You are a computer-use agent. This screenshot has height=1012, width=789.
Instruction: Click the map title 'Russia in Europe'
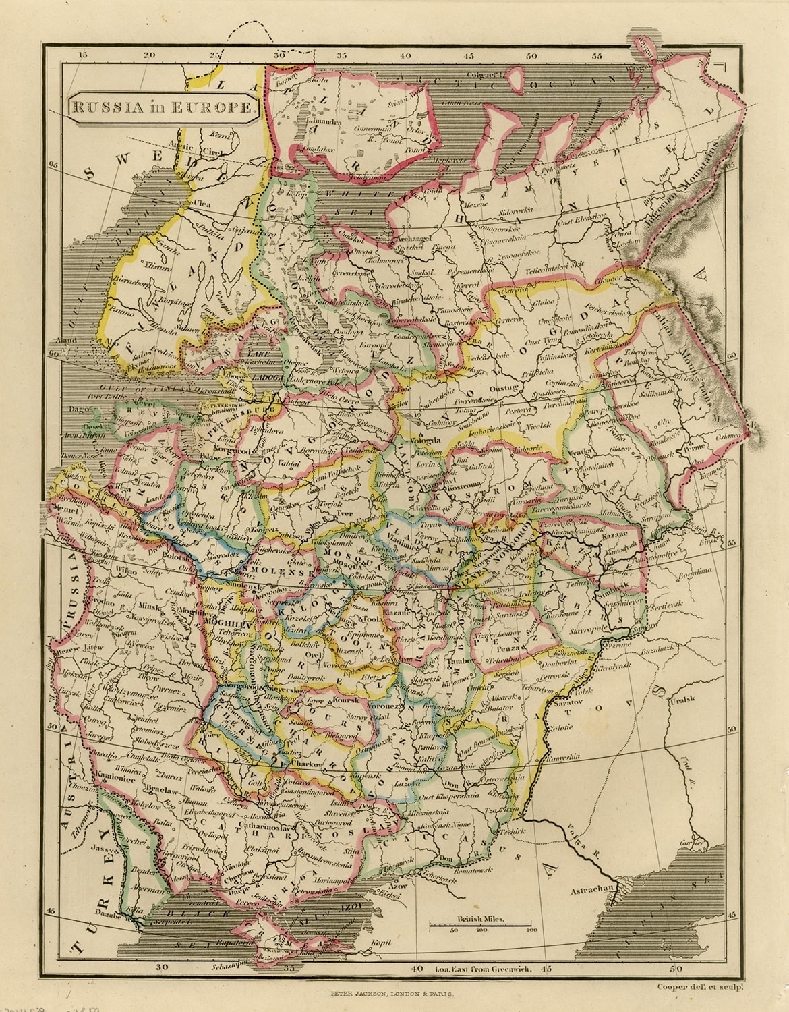[157, 106]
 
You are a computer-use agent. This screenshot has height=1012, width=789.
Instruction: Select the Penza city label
[510, 646]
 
